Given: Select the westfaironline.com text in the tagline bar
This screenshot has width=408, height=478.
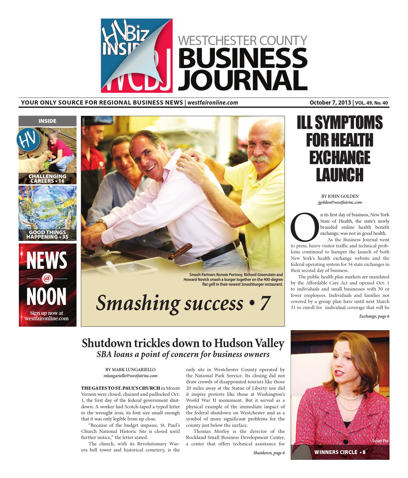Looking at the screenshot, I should coord(213,103).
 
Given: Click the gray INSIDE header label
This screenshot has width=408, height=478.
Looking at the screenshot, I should coord(47,121).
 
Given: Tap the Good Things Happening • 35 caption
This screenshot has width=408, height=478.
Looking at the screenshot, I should coord(47,235).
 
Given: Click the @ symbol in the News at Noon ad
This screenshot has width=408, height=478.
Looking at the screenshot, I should coord(47,279).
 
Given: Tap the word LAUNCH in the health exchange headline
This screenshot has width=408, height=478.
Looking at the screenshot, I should coord(340,175).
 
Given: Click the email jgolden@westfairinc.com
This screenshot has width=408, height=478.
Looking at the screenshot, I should coord(340,202).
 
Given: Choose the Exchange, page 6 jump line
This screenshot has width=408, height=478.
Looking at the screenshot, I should coord(374,316).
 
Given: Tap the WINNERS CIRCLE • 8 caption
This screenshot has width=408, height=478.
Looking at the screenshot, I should coord(340,452).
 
